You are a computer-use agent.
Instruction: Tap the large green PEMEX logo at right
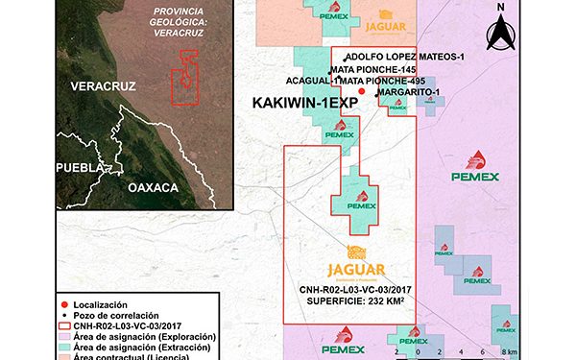tap(474, 168)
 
